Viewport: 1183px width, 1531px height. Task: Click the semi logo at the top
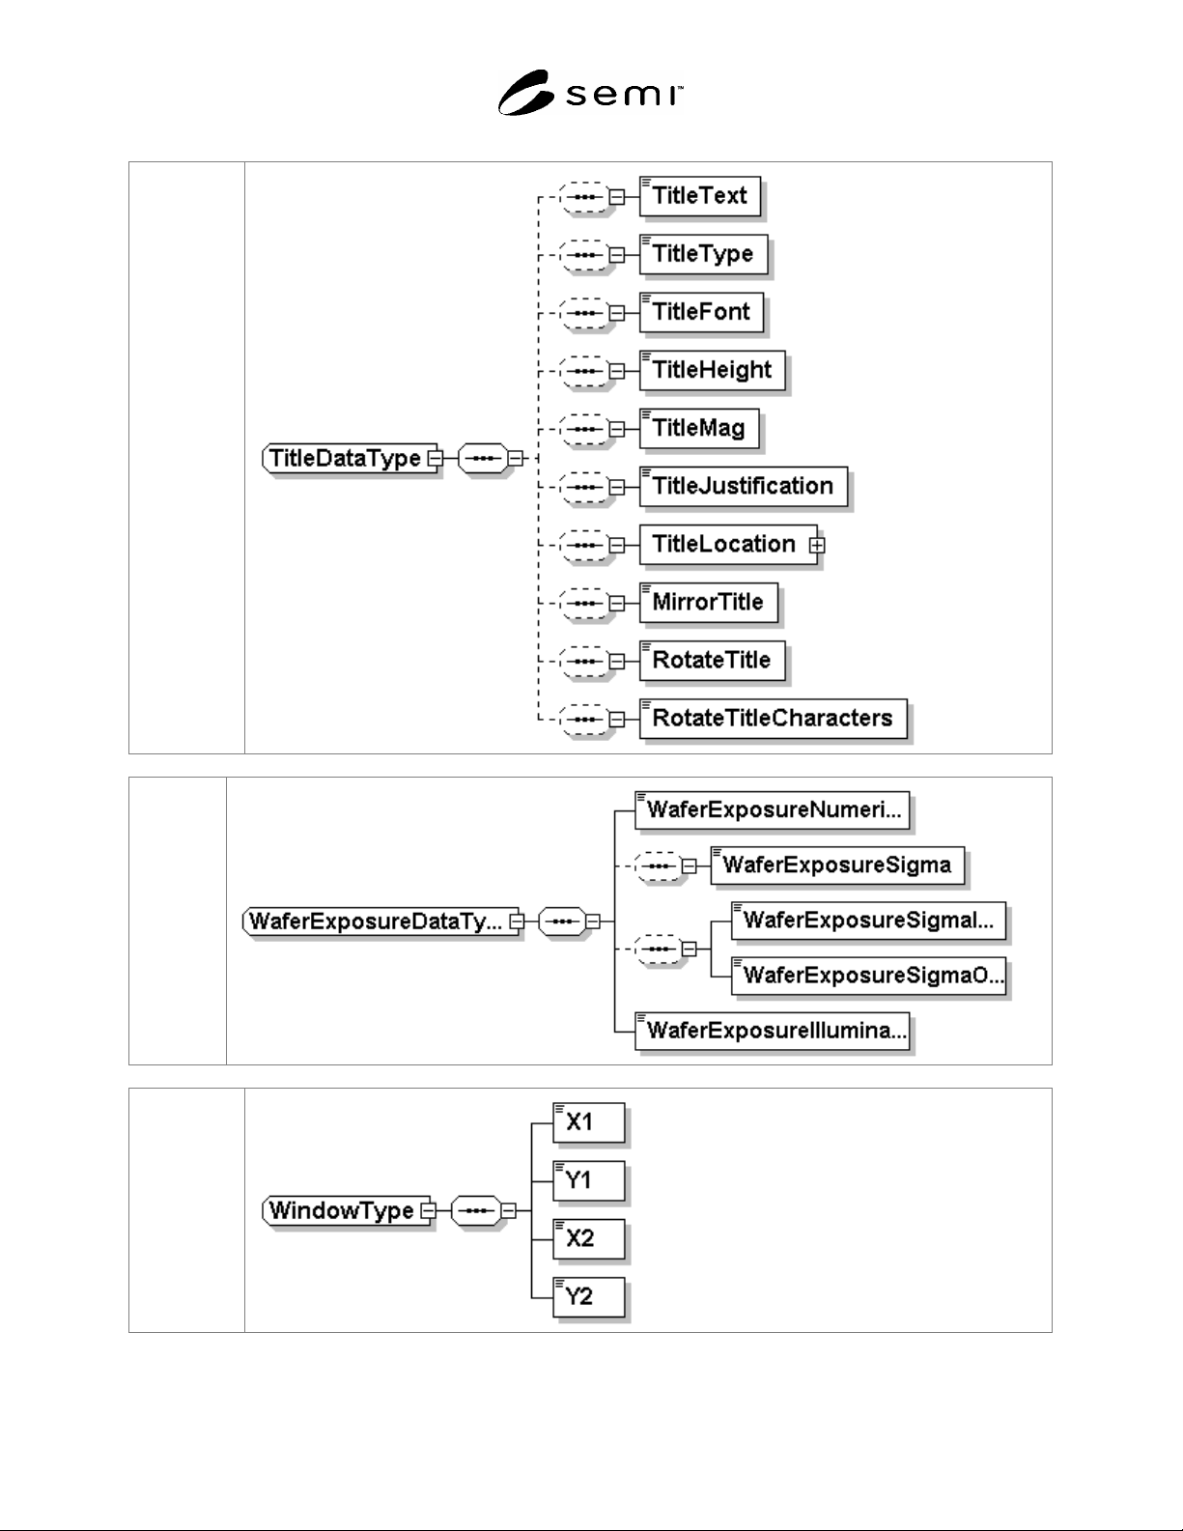coord(590,93)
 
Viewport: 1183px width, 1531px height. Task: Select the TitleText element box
coord(700,196)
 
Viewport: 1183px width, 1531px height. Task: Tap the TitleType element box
coord(703,254)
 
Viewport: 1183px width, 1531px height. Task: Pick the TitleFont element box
coord(701,312)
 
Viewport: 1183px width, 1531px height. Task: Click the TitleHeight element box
coord(712,370)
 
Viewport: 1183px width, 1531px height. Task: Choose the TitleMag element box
coord(699,428)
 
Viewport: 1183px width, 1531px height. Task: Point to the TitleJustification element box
coord(743,486)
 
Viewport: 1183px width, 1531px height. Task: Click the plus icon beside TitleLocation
coord(817,545)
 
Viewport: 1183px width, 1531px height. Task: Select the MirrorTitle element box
coord(709,603)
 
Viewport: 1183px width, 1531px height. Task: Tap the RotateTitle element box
coord(712,661)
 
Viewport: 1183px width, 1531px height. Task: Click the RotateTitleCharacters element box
coord(774,719)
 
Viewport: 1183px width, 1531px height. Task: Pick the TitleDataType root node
coord(349,458)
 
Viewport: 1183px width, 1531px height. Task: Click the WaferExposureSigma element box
coord(837,865)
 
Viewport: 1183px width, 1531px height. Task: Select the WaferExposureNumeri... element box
coord(772,810)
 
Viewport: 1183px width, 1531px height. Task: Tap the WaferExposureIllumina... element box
coord(772,1032)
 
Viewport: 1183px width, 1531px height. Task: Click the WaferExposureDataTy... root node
coord(380,921)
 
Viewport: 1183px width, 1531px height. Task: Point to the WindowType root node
coord(346,1210)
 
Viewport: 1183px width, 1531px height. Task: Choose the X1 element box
coord(589,1122)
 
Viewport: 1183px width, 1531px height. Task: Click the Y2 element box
coord(589,1296)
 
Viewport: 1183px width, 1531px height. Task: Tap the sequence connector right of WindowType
coord(476,1210)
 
